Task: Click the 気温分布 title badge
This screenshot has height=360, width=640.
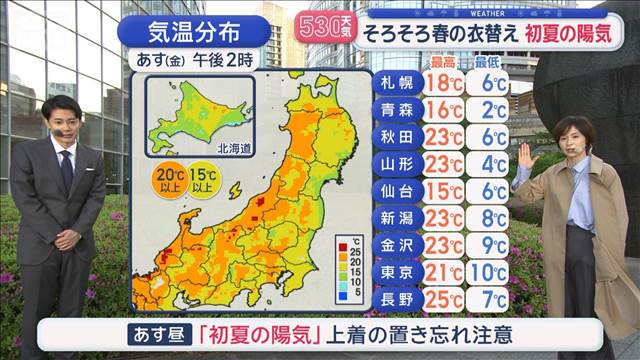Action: (x=191, y=30)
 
